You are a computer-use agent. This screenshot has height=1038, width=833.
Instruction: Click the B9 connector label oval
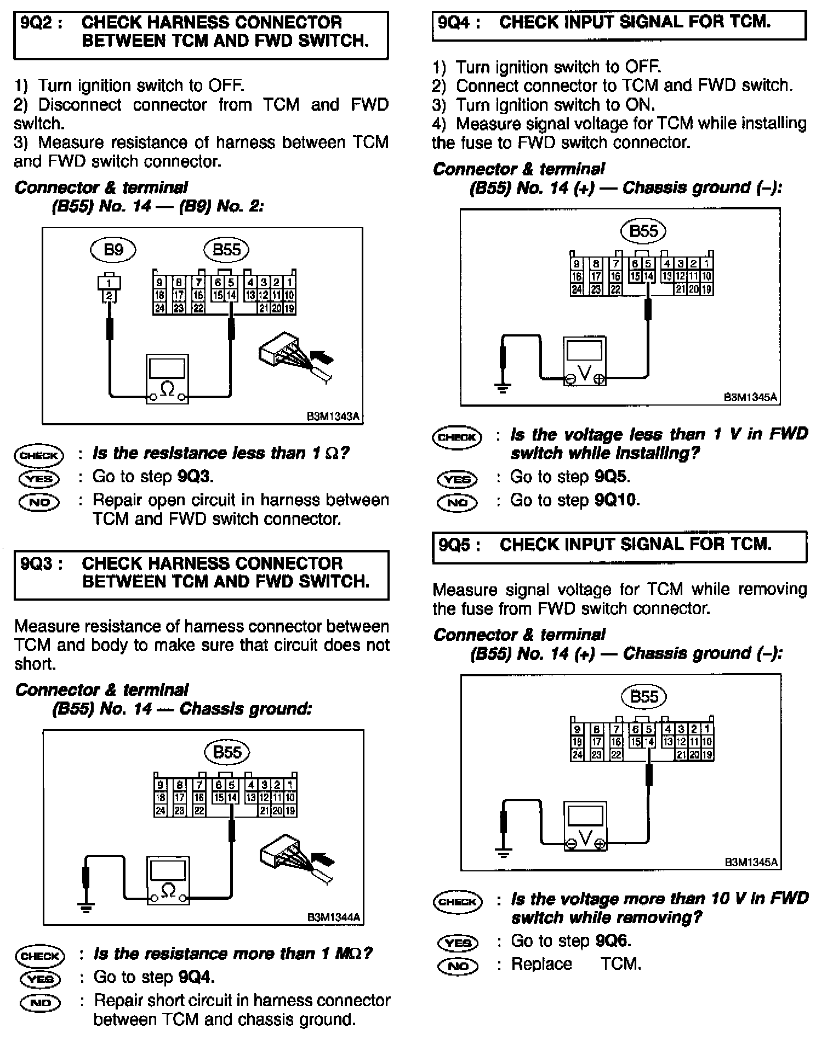pyautogui.click(x=112, y=250)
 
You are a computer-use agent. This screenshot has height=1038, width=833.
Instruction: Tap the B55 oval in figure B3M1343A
pyautogui.click(x=226, y=250)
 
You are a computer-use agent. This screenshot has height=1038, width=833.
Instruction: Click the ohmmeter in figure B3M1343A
pyautogui.click(x=167, y=379)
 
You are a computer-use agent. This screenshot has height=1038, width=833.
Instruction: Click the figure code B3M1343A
pyautogui.click(x=333, y=417)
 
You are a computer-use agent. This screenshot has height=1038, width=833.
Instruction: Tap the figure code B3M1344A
pyautogui.click(x=333, y=917)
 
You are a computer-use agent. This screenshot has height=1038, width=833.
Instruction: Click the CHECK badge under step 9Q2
pyautogui.click(x=38, y=455)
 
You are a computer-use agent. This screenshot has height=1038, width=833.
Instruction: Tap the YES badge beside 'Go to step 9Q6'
pyautogui.click(x=458, y=943)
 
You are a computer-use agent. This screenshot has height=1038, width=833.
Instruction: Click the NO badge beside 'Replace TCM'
pyautogui.click(x=458, y=966)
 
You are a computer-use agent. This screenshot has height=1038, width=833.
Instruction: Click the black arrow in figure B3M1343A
pyautogui.click(x=322, y=358)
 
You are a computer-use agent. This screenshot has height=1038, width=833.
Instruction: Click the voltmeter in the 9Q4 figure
pyautogui.click(x=585, y=361)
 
